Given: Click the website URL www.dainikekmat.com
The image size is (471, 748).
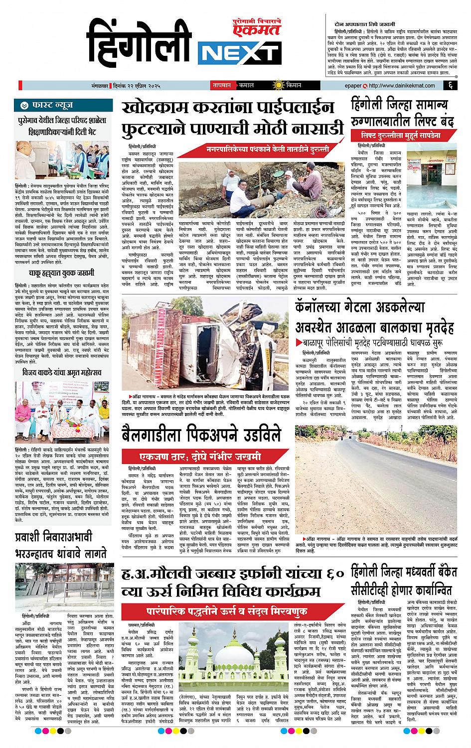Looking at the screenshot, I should pyautogui.click(x=398, y=85).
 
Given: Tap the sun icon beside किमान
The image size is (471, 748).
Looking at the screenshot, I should pyautogui.click(x=274, y=85).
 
